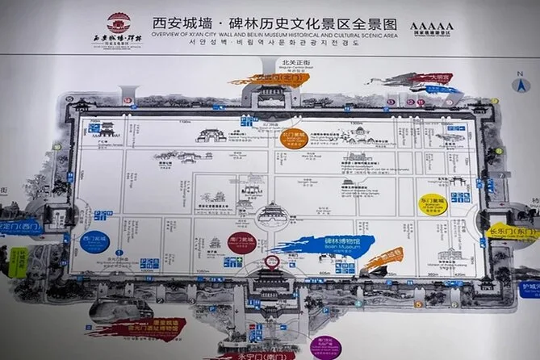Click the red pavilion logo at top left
coord(119,22)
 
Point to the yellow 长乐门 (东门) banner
coord(513,232)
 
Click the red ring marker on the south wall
coord(272,262)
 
